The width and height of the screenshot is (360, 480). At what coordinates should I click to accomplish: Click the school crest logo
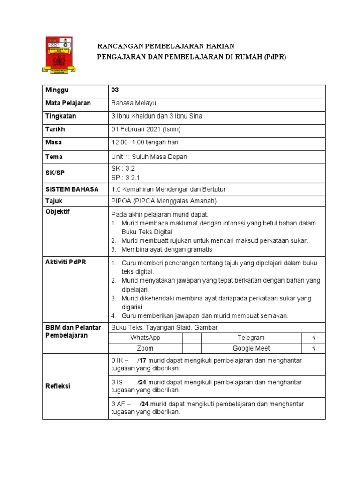(x=60, y=54)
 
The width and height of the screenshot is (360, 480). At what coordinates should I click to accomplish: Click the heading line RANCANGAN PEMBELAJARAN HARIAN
(x=165, y=45)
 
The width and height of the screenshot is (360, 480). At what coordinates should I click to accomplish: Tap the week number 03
(x=115, y=90)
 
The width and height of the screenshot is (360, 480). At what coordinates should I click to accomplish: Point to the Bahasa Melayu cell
(x=134, y=103)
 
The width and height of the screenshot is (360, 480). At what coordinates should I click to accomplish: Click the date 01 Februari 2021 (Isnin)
(x=146, y=129)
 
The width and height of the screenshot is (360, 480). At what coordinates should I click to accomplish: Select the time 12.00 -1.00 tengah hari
(x=145, y=142)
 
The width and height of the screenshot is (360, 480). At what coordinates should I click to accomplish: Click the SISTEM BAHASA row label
(x=72, y=189)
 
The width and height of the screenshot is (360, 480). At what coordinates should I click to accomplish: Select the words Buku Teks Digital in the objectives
(x=147, y=232)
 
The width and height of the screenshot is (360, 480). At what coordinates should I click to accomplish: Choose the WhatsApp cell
(x=145, y=337)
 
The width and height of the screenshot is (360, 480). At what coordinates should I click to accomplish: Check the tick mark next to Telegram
(x=314, y=337)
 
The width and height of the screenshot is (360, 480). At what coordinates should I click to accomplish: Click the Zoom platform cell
(x=145, y=348)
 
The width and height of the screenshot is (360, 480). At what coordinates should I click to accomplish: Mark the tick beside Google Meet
(x=314, y=348)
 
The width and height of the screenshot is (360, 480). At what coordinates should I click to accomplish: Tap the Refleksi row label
(x=57, y=386)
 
